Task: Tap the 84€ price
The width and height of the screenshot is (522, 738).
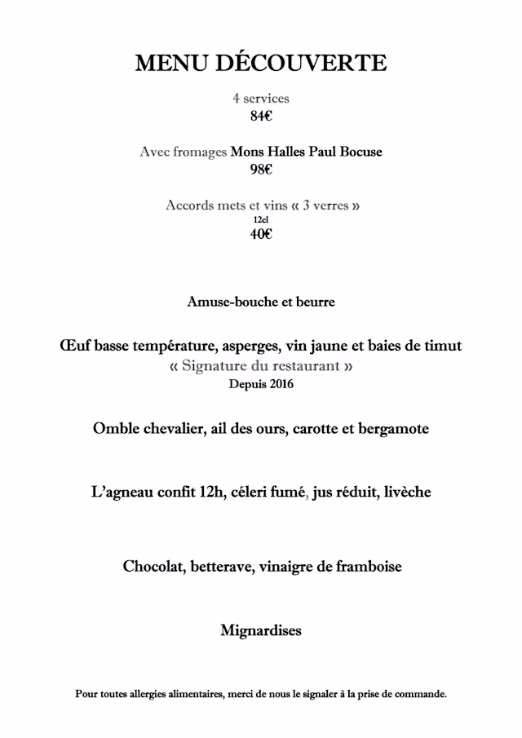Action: coord(261,116)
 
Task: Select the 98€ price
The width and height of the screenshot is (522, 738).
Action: coord(261,170)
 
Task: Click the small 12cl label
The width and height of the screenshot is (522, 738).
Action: coord(261,219)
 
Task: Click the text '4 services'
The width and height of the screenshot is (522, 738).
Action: coord(261,99)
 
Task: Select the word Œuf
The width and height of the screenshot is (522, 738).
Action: coord(75,346)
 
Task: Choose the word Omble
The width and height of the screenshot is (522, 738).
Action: coord(116,428)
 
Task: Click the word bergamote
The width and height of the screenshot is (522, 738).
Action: coord(394,428)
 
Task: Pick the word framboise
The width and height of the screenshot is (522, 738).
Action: coord(368,566)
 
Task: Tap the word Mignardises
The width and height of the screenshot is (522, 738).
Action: coord(261,631)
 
